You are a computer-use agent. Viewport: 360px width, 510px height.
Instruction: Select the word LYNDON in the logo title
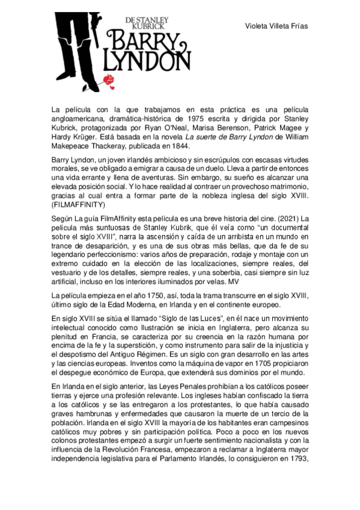[x=148, y=60]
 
